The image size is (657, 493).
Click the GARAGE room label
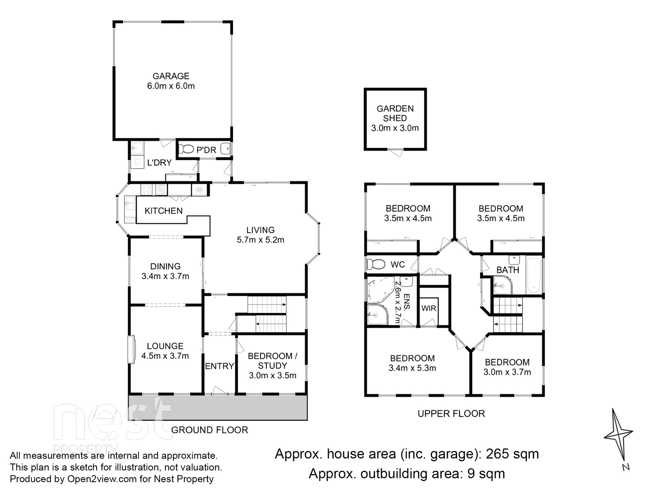pyautogui.click(x=171, y=76)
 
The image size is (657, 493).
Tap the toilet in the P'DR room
pyautogui.click(x=187, y=149)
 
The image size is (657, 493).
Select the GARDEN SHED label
pyautogui.click(x=395, y=113)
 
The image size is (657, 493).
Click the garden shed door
pyautogui.click(x=395, y=152)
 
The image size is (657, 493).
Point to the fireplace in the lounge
pyautogui.click(x=132, y=349)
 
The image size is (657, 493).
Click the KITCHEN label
pyautogui.click(x=163, y=211)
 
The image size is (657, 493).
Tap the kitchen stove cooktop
pyautogui.click(x=147, y=190)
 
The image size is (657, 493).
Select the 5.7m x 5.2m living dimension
pyautogui.click(x=260, y=240)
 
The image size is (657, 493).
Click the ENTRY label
pyautogui.click(x=219, y=366)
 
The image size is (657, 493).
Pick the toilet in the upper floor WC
pyautogui.click(x=375, y=263)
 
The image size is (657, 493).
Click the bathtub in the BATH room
pyautogui.click(x=534, y=275)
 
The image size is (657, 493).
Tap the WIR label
pyautogui.click(x=429, y=309)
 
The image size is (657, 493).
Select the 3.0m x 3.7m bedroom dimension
pyautogui.click(x=507, y=372)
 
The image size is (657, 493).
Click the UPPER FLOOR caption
pyautogui.click(x=451, y=414)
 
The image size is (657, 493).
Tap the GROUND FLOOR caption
pyautogui.click(x=209, y=430)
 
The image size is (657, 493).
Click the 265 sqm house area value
pyautogui.click(x=512, y=454)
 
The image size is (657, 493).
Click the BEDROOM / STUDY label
pyautogui.click(x=272, y=361)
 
